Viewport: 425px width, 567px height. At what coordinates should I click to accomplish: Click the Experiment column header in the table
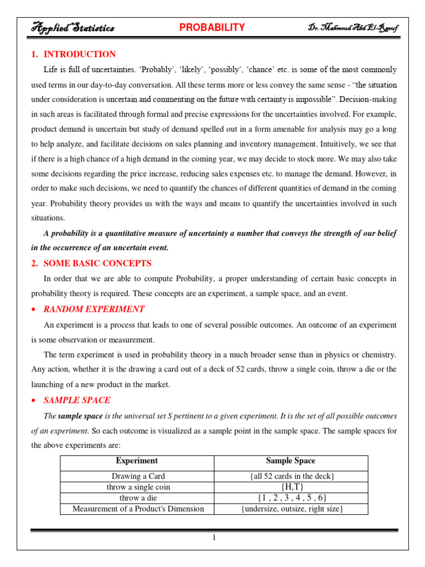tap(137, 461)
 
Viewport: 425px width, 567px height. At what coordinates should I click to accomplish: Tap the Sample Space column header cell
tap(291, 461)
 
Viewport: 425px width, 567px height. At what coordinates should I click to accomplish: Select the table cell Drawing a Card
tap(138, 476)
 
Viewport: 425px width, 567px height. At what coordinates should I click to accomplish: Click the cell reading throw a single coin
tap(138, 487)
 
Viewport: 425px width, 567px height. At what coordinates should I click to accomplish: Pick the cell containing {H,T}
tap(292, 487)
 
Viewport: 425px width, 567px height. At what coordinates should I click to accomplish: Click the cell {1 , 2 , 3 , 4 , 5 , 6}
tap(292, 498)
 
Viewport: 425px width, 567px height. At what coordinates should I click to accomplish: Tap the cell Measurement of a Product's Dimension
tap(138, 508)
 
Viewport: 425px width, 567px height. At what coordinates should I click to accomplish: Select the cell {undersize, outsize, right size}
tap(292, 508)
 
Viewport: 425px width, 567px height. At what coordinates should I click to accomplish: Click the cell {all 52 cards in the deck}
tap(292, 476)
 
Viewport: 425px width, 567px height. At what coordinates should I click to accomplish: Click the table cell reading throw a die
tap(138, 498)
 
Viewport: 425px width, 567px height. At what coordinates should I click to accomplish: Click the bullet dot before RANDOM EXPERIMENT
tap(34, 310)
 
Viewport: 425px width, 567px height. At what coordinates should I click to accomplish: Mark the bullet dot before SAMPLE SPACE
tap(34, 400)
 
